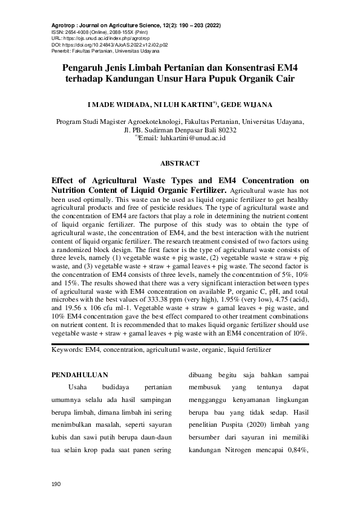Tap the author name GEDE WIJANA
(x=255, y=104)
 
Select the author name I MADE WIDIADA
(x=115, y=104)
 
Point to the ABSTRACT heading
(x=180, y=163)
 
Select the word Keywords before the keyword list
(x=67, y=349)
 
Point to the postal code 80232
(x=224, y=130)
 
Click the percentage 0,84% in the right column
(x=295, y=450)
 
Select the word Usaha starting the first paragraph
(x=80, y=387)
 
